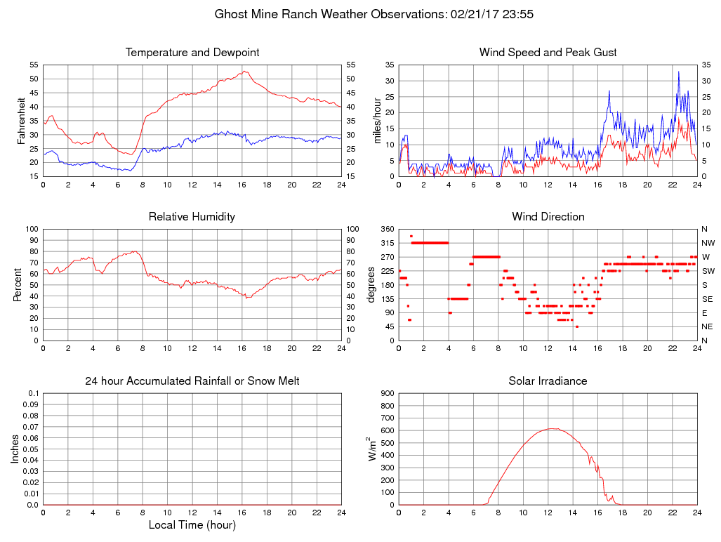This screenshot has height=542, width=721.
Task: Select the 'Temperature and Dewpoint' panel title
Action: pos(192,53)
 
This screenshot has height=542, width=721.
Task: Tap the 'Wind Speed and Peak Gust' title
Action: pos(548,53)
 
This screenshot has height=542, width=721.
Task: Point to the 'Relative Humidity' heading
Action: pos(192,217)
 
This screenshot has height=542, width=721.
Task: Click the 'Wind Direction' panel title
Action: pos(548,217)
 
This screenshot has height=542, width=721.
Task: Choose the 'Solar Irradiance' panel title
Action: pos(548,381)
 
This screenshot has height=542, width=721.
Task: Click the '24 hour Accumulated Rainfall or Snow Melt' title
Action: pos(192,381)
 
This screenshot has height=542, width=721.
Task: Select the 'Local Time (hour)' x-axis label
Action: pos(192,525)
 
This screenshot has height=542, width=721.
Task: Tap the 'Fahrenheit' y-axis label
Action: pos(22,120)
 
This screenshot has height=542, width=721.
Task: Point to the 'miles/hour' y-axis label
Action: pos(377,120)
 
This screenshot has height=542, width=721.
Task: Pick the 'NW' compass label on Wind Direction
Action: pos(707,243)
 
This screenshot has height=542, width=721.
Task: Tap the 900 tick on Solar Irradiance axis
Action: pos(386,393)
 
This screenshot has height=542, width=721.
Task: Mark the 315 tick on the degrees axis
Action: pos(386,243)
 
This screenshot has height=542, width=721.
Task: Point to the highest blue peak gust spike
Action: pos(678,71)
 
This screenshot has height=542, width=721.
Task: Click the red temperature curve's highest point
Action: pos(244,71)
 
